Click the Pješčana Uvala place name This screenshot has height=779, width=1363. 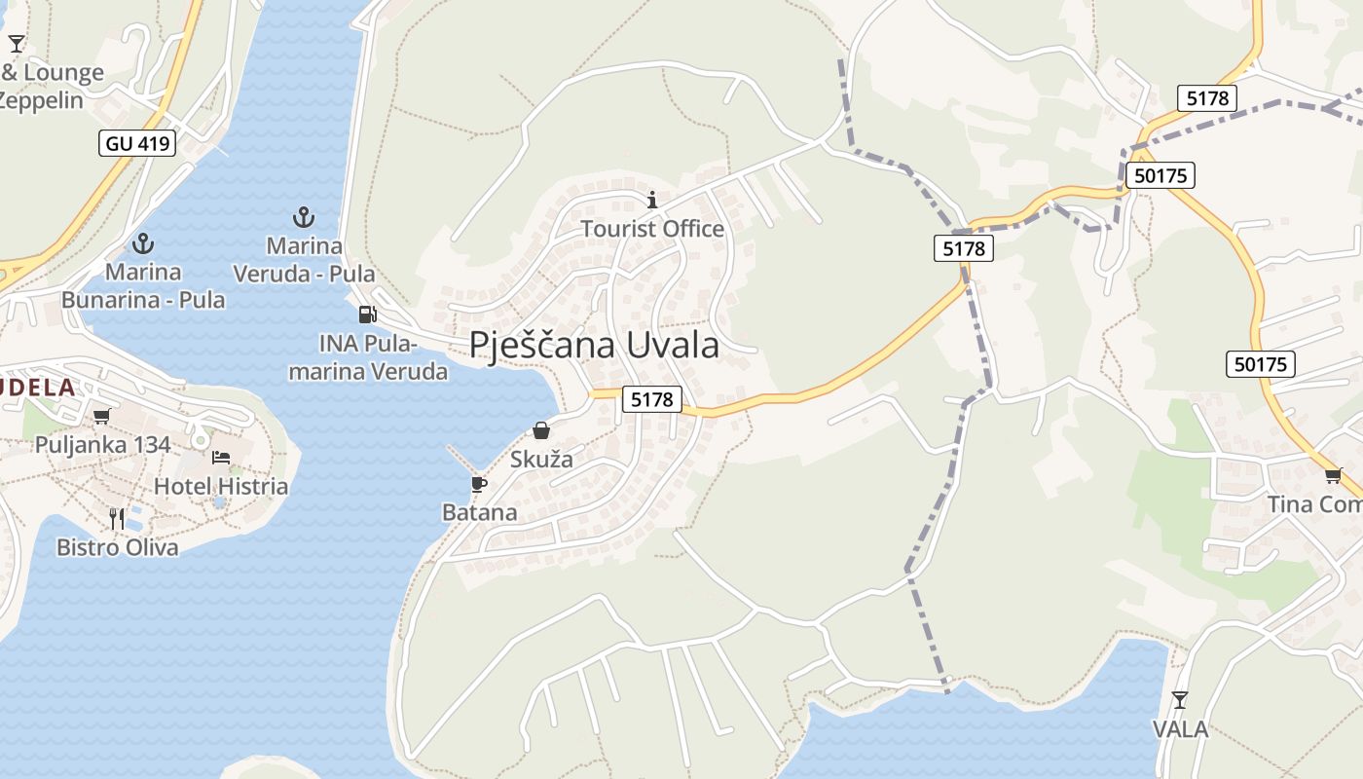pyautogui.click(x=594, y=346)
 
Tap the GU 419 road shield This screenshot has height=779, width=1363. pyautogui.click(x=137, y=144)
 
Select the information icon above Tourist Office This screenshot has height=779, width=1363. pyautogui.click(x=652, y=201)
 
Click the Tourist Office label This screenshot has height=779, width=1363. pyautogui.click(x=652, y=229)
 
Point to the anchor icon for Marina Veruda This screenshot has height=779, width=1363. pyautogui.click(x=304, y=216)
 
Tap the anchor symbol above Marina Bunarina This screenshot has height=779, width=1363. pyautogui.click(x=143, y=242)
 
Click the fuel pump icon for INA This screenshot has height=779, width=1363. pyautogui.click(x=367, y=314)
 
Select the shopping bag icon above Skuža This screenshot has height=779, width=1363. pyautogui.click(x=541, y=430)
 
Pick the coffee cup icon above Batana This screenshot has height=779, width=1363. pyautogui.click(x=478, y=483)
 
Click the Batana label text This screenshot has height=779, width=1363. pyautogui.click(x=480, y=512)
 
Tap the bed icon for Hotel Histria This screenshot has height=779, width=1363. pyautogui.click(x=221, y=458)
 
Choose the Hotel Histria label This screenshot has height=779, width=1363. pyautogui.click(x=221, y=486)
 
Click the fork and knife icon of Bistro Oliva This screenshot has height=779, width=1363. pyautogui.click(x=117, y=518)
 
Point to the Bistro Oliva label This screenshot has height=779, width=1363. pyautogui.click(x=118, y=547)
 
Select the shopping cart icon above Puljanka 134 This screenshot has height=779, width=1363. pyautogui.click(x=101, y=417)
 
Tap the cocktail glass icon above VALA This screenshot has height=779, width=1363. pyautogui.click(x=1180, y=699)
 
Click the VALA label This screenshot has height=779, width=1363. pyautogui.click(x=1180, y=729)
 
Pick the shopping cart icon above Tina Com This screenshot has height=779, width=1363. pyautogui.click(x=1333, y=475)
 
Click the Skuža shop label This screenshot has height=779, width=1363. pyautogui.click(x=541, y=459)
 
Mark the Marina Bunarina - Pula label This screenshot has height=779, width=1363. pyautogui.click(x=143, y=285)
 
